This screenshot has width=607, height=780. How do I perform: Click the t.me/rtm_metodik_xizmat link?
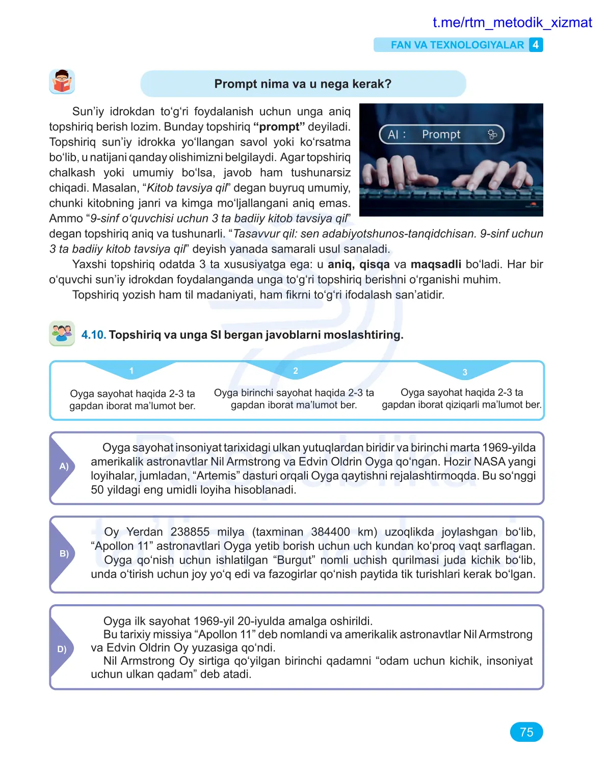pos(512,23)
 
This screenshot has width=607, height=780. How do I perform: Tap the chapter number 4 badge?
pos(535,45)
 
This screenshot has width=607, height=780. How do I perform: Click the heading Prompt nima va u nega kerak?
pos(303,84)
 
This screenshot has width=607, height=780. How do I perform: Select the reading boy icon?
pos(62,82)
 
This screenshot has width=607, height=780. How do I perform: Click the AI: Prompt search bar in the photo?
pos(441,135)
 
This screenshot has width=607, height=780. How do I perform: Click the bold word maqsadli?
pos(436,264)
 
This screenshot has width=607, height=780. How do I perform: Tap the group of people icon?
pos(62,334)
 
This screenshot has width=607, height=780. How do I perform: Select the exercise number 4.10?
pos(93,335)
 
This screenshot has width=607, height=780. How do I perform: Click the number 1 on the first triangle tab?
pos(131,371)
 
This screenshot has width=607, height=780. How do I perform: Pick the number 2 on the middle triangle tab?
pos(296,371)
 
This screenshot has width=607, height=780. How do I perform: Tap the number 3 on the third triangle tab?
pos(465,372)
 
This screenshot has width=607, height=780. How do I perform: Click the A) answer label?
pos(64,466)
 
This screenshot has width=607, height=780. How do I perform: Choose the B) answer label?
pos(64,553)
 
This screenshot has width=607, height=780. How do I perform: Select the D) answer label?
pos(62,649)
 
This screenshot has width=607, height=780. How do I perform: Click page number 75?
pos(526,732)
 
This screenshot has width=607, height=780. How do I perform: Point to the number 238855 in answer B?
pos(190,532)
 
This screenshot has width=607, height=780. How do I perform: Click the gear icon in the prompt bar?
pos(492,135)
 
